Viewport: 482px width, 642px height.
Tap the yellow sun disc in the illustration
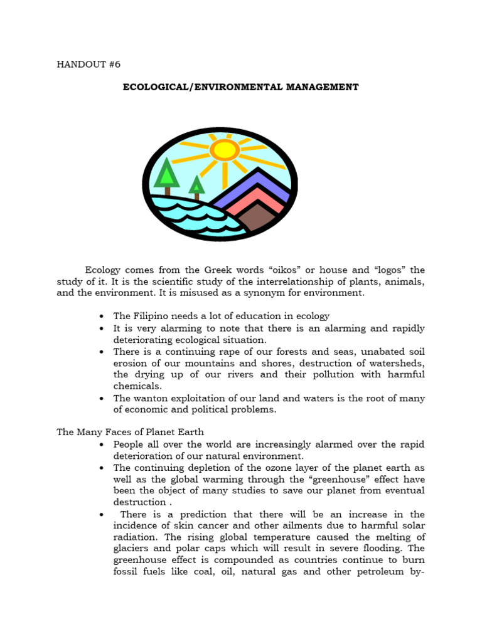tap(225, 150)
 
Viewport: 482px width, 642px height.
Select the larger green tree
tap(167, 174)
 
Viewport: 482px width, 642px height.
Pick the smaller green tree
tap(196, 186)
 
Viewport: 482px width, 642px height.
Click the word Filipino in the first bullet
tap(153, 316)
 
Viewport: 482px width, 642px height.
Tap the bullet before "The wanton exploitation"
tap(101, 399)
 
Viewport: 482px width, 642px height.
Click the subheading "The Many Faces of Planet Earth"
tap(131, 432)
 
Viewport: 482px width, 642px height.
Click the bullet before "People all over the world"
tap(101, 445)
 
